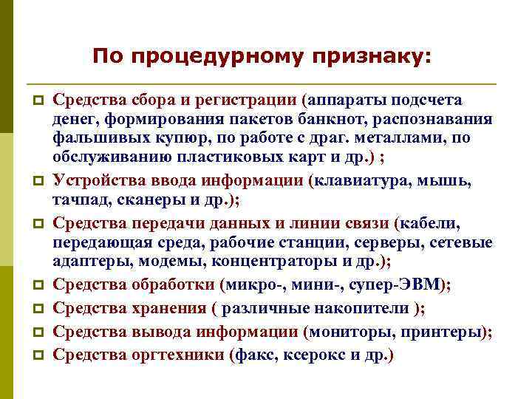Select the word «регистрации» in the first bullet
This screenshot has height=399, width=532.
tap(253, 100)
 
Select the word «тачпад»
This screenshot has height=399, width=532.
tap(77, 201)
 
